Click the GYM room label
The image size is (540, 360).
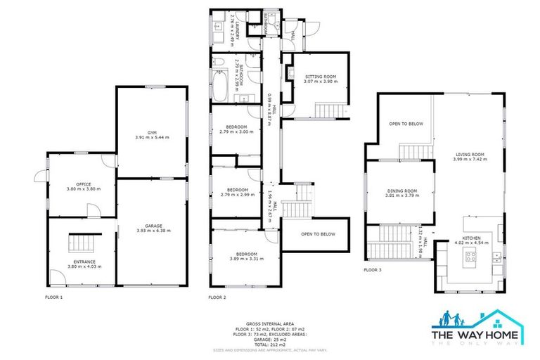click(x=153, y=131)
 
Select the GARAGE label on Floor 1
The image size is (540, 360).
click(x=153, y=226)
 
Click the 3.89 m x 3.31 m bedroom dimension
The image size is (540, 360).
click(x=245, y=258)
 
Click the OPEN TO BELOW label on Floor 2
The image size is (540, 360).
click(x=318, y=234)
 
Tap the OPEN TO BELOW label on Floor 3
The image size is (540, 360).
click(x=406, y=124)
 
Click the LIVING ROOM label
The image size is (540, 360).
click(x=470, y=154)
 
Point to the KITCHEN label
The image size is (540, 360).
click(x=470, y=239)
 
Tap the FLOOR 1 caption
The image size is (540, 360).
click(x=53, y=297)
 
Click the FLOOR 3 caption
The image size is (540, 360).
click(x=373, y=269)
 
